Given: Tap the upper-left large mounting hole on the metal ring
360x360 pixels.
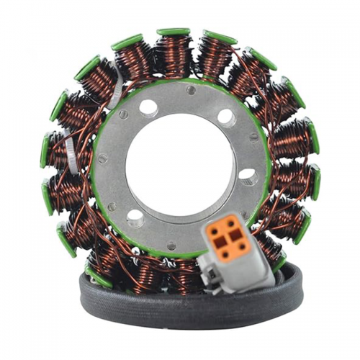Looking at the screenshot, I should (x=148, y=108).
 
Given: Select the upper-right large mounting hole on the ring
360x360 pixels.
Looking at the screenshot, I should (x=225, y=116).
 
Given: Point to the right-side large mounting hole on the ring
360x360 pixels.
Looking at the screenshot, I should (x=246, y=175).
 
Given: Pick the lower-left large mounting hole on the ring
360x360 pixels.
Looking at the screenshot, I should (x=135, y=215).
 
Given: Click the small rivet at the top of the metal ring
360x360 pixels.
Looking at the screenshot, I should (x=190, y=91).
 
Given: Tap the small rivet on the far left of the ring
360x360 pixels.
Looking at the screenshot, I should (x=102, y=159).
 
